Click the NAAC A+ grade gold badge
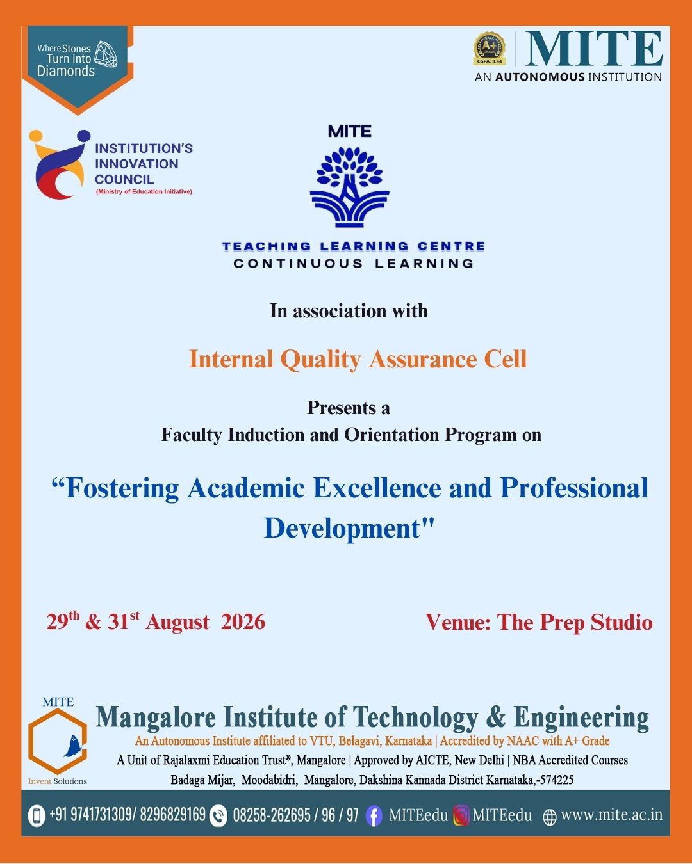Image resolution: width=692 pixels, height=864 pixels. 489,49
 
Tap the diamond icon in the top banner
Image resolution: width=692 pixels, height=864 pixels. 106,54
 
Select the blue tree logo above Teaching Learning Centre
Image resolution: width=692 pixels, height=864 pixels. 349,187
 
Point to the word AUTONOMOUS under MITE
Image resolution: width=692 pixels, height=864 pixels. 540,77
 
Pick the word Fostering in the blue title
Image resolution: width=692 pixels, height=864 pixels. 115,488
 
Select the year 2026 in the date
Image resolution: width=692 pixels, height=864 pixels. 243,622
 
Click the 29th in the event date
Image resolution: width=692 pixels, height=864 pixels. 63,621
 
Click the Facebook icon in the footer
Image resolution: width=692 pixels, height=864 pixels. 374,817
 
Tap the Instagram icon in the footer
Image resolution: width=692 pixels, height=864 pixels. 461,816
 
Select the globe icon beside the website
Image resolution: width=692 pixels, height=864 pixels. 550,817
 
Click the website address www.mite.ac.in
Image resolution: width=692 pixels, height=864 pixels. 611,815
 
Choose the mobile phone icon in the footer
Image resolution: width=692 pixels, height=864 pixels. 37,816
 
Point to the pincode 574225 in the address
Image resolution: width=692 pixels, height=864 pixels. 557,780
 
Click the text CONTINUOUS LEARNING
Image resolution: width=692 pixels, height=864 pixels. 354,264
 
